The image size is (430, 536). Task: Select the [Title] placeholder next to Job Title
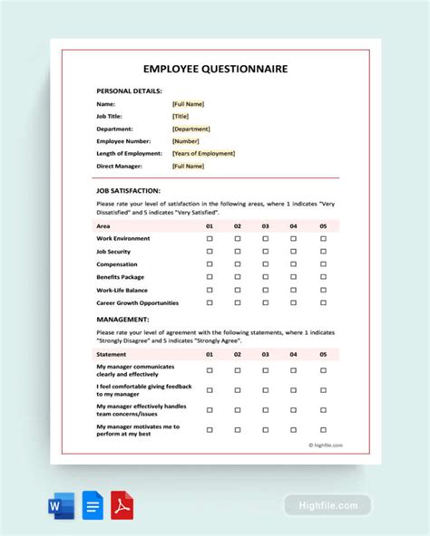tap(181, 116)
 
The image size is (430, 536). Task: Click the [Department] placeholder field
tap(191, 129)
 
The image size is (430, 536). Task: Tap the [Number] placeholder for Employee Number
tap(185, 141)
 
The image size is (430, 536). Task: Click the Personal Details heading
tap(129, 91)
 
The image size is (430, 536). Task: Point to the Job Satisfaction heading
tap(128, 191)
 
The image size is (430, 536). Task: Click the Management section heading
tap(122, 319)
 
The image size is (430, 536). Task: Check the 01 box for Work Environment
tap(210, 239)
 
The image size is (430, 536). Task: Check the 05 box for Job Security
tap(323, 252)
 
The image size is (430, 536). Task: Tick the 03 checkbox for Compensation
tap(266, 264)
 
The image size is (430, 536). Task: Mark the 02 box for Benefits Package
tap(238, 277)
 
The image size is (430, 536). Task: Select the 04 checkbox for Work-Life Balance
tap(294, 290)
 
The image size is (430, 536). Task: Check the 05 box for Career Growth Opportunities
tap(323, 303)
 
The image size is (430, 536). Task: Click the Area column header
tap(103, 225)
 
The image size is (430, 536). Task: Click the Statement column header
tap(112, 355)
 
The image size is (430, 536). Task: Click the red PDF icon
tap(122, 506)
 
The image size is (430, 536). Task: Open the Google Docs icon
tap(91, 506)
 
